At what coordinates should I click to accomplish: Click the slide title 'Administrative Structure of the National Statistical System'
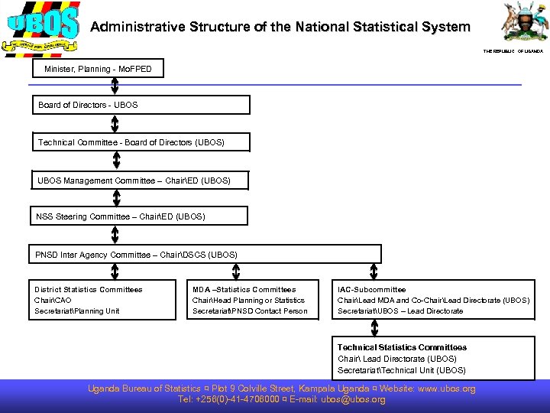280,27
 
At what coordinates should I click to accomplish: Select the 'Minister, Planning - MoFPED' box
99,70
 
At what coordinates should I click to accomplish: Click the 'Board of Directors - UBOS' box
141,105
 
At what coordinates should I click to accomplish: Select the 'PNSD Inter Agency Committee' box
206,254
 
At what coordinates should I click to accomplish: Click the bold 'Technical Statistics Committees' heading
402,347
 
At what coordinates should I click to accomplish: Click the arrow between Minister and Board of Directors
115,86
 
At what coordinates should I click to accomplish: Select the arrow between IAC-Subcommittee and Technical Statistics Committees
374,327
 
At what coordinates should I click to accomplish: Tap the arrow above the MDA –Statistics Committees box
235,272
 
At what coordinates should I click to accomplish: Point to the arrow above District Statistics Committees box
114,272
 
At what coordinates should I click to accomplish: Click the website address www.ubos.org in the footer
447,389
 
